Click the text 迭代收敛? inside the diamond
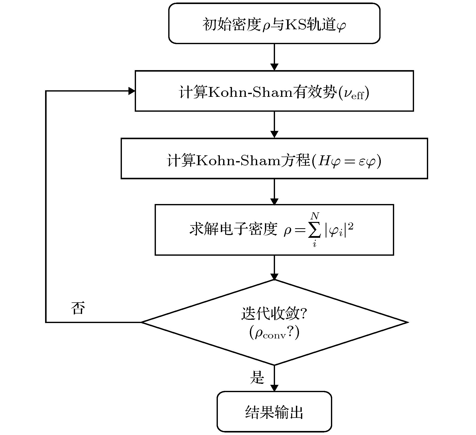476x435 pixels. [x=274, y=314]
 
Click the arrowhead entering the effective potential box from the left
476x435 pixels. [x=132, y=91]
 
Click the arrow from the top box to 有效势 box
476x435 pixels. [x=274, y=57]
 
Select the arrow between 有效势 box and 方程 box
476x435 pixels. [x=274, y=125]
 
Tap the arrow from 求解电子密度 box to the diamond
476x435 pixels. [x=274, y=268]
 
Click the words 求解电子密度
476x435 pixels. [x=233, y=229]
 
